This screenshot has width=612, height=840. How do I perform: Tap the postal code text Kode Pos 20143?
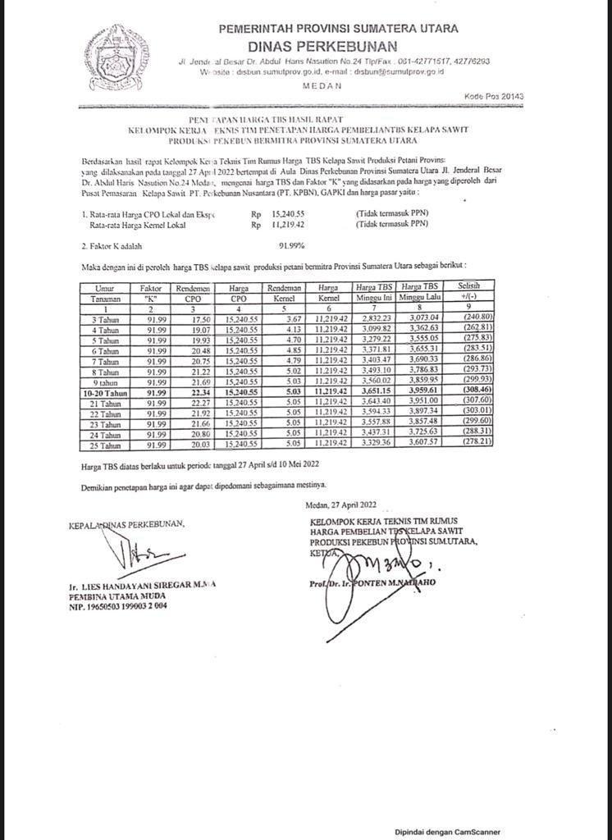494,96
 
